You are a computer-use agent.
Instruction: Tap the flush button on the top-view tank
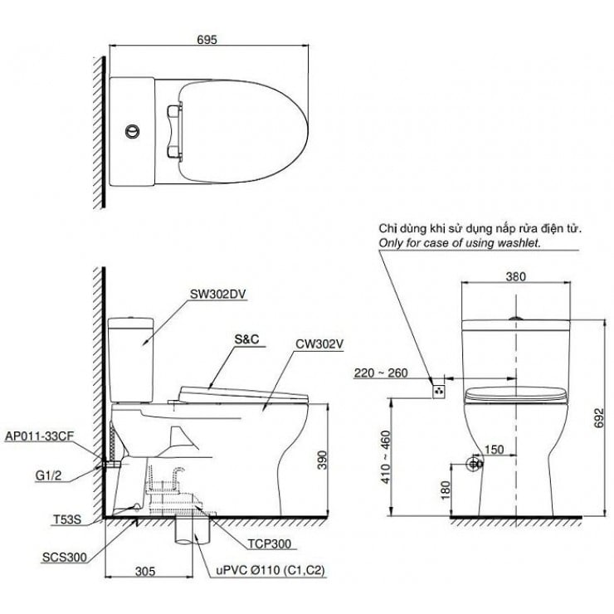click(x=130, y=130)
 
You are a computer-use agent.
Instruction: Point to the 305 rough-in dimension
click(x=145, y=571)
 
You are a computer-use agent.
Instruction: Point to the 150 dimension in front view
click(x=493, y=448)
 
